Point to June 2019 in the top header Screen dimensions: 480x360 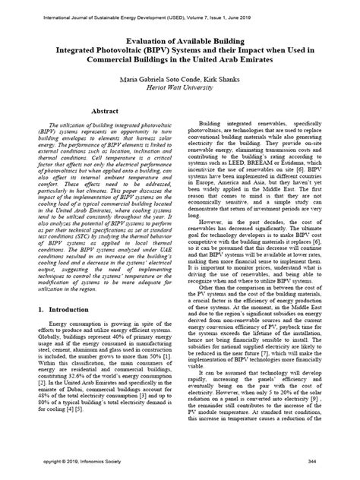pos(303,8)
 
